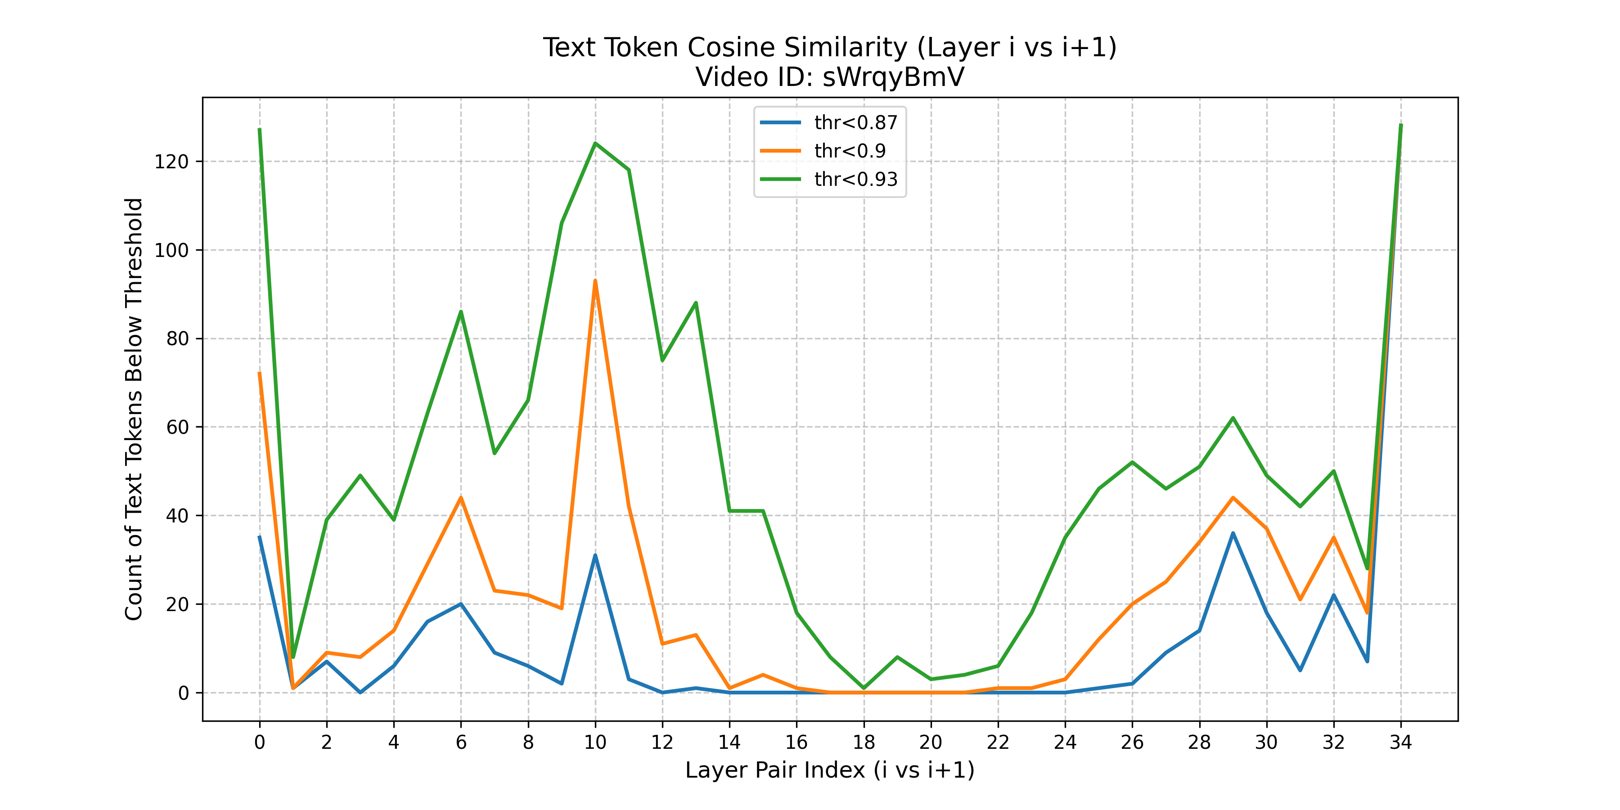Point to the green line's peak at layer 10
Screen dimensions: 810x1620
pyautogui.click(x=595, y=144)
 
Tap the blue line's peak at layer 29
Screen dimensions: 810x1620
pyautogui.click(x=1233, y=533)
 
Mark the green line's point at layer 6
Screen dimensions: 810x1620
pyautogui.click(x=461, y=311)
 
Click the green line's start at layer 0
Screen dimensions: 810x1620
pyautogui.click(x=260, y=130)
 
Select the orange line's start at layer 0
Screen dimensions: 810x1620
pyautogui.click(x=260, y=373)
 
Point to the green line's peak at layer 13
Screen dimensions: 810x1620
pyautogui.click(x=696, y=302)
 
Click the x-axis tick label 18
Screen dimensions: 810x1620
pyautogui.click(x=864, y=742)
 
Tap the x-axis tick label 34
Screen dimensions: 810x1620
pyautogui.click(x=1400, y=742)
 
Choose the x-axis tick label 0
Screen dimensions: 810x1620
pyautogui.click(x=260, y=742)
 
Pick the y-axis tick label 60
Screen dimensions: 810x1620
pyautogui.click(x=177, y=427)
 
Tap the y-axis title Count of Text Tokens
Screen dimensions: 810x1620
pyautogui.click(x=134, y=503)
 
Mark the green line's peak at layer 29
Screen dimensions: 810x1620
pyautogui.click(x=1233, y=418)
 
